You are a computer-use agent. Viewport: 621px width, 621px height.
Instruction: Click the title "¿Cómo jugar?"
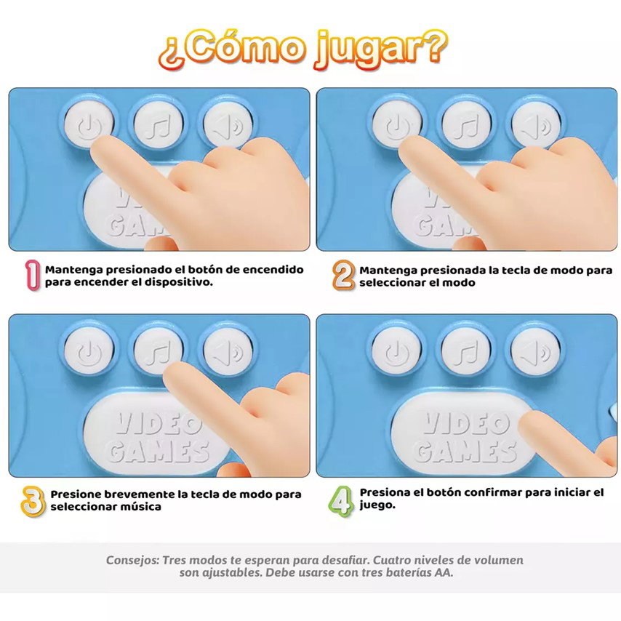[303, 49]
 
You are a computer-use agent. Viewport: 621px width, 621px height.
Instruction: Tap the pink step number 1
[33, 276]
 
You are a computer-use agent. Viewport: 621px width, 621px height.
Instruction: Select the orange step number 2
[343, 275]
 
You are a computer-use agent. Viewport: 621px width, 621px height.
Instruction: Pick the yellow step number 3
[33, 501]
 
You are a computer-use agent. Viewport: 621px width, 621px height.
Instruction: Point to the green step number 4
[340, 500]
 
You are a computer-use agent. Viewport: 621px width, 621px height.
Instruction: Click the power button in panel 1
[88, 124]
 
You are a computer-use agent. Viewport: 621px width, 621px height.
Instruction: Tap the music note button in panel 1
[159, 124]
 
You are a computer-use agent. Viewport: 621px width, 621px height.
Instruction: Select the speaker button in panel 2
[536, 124]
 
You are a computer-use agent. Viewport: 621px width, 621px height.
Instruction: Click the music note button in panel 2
[466, 124]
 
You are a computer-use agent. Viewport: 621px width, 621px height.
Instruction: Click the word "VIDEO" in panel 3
[159, 424]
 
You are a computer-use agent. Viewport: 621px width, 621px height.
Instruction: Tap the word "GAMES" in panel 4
[466, 452]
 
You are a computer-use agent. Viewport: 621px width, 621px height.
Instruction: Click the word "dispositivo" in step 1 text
[178, 282]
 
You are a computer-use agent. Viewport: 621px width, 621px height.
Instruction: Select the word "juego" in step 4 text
[377, 505]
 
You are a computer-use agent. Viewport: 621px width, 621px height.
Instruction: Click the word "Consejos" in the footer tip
[132, 561]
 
